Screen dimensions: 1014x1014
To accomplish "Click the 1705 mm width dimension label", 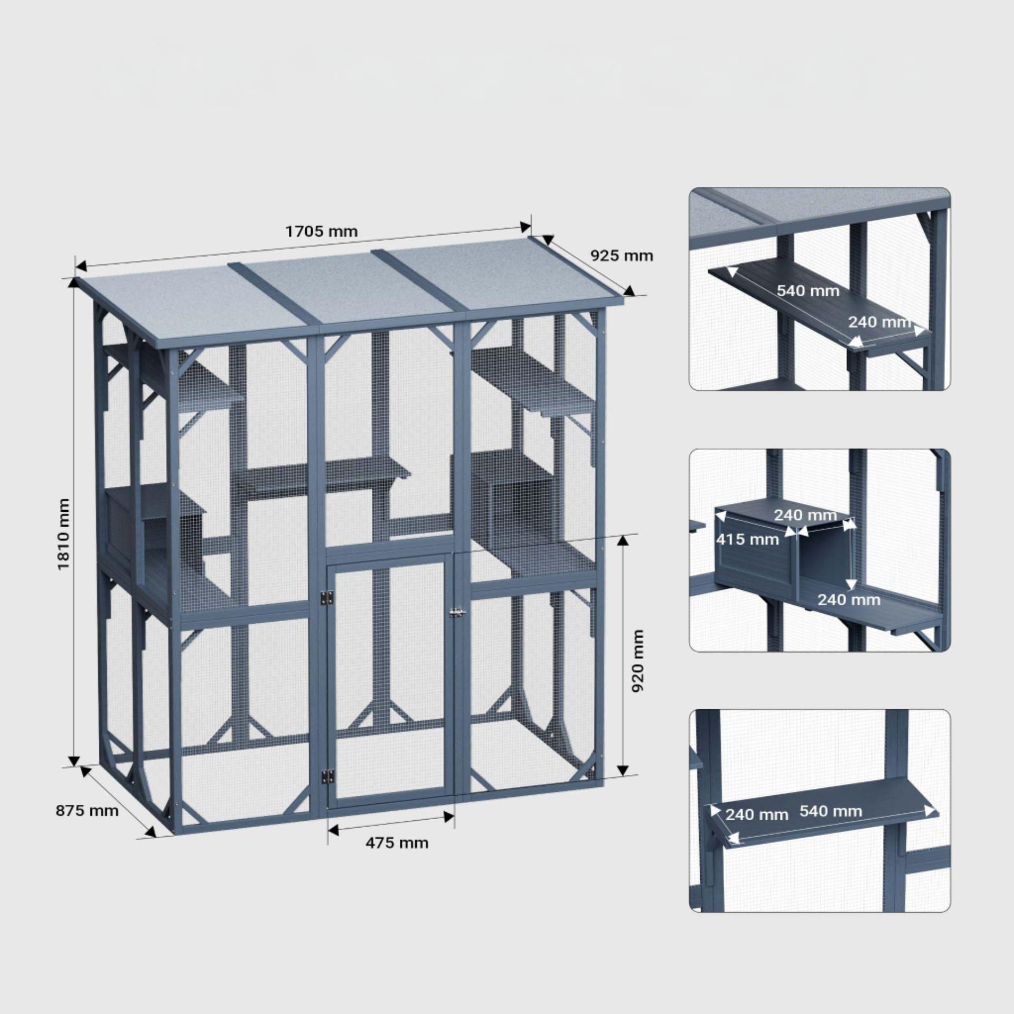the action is [321, 231].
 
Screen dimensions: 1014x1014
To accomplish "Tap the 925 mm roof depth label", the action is [622, 256].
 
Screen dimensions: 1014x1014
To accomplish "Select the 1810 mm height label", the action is [63, 534].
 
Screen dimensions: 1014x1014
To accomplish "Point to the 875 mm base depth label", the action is [87, 811].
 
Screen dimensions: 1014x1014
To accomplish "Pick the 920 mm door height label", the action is [638, 661].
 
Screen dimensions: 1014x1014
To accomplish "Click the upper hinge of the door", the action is [327, 598].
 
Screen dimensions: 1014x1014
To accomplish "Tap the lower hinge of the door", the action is [327, 776].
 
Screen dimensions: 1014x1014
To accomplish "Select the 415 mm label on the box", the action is [747, 539].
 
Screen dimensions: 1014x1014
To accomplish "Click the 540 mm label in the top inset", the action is [808, 290].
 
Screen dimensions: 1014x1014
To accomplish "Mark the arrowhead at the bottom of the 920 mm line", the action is [623, 769].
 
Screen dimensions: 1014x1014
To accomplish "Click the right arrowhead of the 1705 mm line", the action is [525, 227].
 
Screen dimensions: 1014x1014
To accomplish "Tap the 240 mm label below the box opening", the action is [849, 599].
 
